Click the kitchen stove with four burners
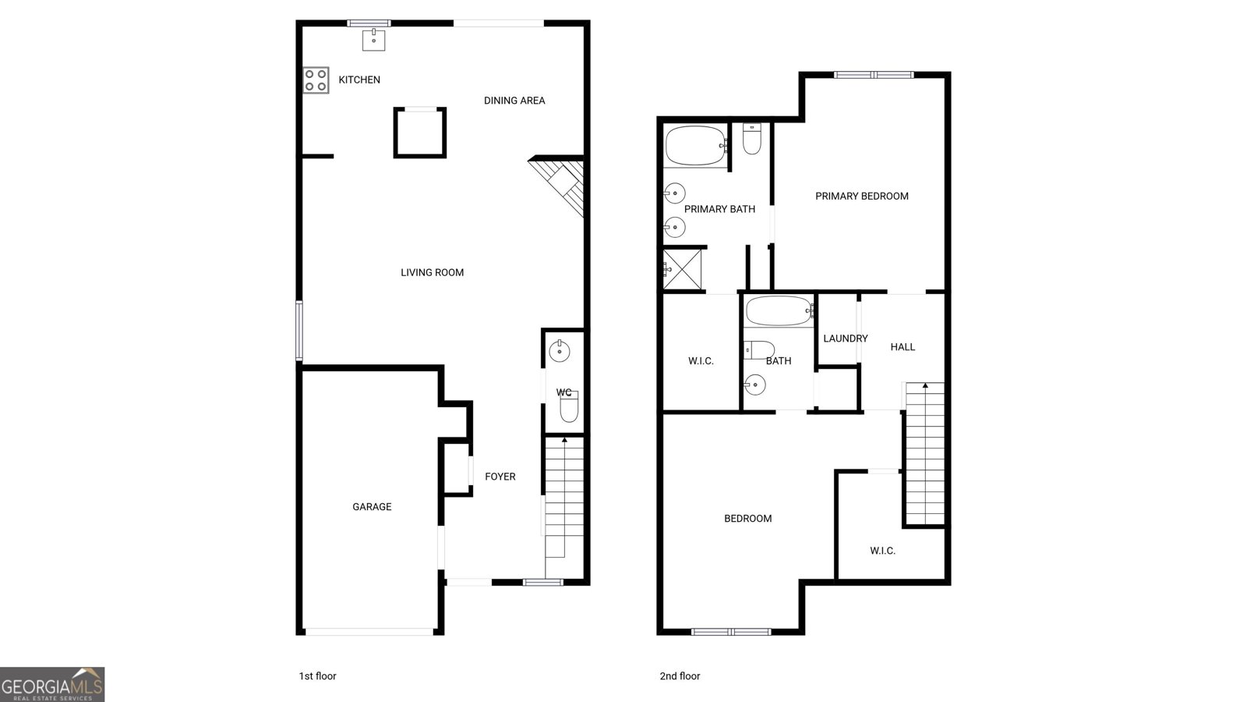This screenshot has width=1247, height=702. click(x=316, y=80)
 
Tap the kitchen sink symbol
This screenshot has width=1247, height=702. click(x=373, y=40)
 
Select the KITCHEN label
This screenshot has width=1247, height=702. click(x=359, y=80)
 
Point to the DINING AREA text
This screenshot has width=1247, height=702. click(x=514, y=101)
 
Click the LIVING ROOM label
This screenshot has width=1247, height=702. click(x=432, y=272)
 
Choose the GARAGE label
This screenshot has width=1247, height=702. click(x=372, y=506)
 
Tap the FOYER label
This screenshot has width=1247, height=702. click(x=500, y=477)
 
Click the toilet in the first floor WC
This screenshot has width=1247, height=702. click(x=569, y=406)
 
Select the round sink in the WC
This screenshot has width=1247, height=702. click(x=560, y=351)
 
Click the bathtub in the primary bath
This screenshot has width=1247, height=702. click(x=696, y=145)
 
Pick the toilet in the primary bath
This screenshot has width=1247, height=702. click(x=751, y=139)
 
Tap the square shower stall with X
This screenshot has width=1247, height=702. click(x=682, y=269)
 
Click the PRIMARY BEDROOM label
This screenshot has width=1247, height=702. click(x=862, y=196)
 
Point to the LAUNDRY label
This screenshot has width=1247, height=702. click(x=846, y=339)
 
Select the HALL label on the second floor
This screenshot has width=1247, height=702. click(x=903, y=347)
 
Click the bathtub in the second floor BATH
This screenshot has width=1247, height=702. click(x=780, y=311)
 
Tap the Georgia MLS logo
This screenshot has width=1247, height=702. click(x=52, y=684)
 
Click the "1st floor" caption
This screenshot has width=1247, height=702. click(x=317, y=675)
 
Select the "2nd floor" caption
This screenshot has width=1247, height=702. click(x=680, y=675)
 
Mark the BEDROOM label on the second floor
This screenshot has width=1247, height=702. click(x=747, y=519)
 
